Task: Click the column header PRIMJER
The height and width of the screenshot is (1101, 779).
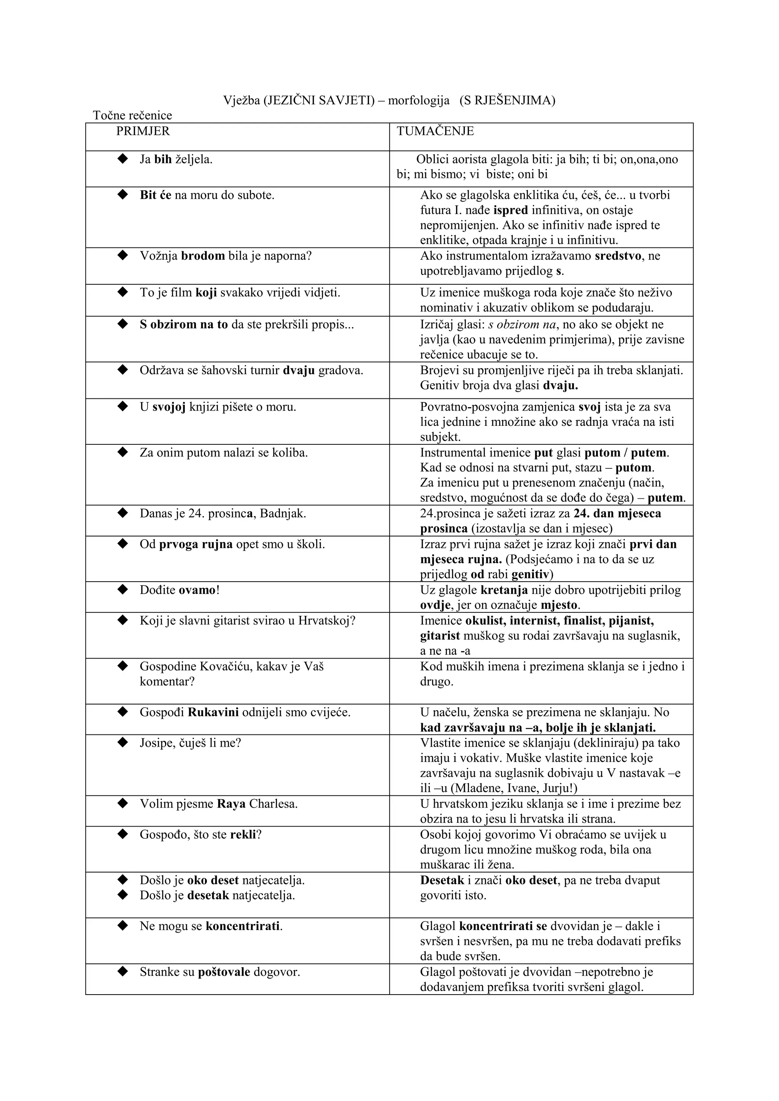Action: pyautogui.click(x=143, y=132)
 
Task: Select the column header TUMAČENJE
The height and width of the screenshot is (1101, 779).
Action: pyautogui.click(x=435, y=132)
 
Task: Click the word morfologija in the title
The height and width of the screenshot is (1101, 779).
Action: pyautogui.click(x=418, y=100)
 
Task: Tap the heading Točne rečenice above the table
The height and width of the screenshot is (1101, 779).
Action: pyautogui.click(x=132, y=115)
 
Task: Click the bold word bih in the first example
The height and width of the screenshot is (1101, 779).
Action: pyautogui.click(x=163, y=159)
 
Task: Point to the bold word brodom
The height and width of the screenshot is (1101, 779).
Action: pyautogui.click(x=203, y=255)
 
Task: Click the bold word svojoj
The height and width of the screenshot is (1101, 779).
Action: pyautogui.click(x=169, y=407)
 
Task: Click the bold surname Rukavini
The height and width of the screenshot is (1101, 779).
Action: pyautogui.click(x=213, y=712)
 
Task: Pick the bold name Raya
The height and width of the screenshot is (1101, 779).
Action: pyautogui.click(x=231, y=804)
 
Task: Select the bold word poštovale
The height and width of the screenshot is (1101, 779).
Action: pyautogui.click(x=224, y=972)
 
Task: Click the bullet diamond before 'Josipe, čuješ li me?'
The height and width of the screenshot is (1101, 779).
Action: pyautogui.click(x=123, y=742)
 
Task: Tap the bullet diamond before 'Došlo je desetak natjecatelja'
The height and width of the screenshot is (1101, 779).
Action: pyautogui.click(x=123, y=894)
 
